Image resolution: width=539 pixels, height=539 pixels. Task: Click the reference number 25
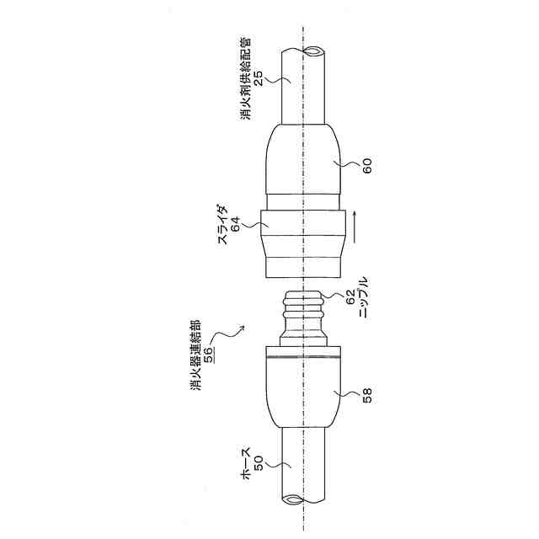pos(259,77)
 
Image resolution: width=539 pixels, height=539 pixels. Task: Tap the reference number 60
pos(367,166)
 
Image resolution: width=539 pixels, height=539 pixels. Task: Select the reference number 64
pos(236,225)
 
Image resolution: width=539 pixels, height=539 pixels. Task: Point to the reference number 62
pos(350,297)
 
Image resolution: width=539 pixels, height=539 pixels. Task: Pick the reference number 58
pos(367,395)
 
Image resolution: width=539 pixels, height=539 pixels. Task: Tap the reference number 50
pos(259,462)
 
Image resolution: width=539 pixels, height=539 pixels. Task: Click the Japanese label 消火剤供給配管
pos(246,78)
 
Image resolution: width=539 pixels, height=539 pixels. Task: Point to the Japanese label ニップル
pos(364,297)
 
